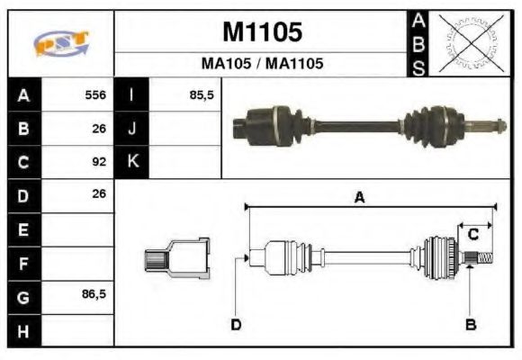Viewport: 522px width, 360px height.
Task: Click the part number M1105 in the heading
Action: (x=262, y=32)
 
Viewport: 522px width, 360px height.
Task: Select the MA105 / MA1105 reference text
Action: (x=262, y=65)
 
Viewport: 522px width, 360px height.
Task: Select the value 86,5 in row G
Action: (x=94, y=295)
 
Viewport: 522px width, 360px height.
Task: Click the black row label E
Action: (x=22, y=229)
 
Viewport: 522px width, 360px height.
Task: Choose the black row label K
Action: (x=132, y=162)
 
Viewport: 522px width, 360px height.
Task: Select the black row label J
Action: (x=132, y=129)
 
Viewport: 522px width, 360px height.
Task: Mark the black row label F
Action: (x=22, y=263)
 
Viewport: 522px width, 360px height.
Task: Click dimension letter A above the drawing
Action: (x=359, y=199)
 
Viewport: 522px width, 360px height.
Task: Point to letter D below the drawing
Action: (x=236, y=324)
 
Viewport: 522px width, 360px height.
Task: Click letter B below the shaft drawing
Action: (x=470, y=324)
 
